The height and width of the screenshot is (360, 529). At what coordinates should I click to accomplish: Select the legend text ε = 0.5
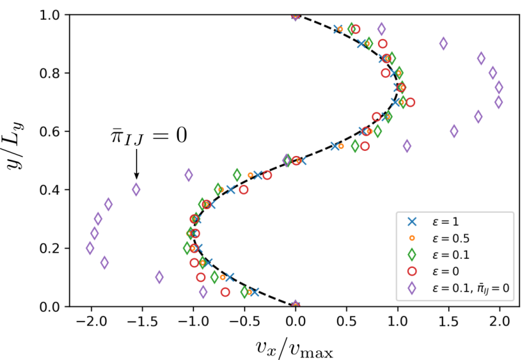coord(451,239)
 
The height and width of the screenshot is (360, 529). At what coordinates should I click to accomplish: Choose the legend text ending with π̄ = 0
coord(470,288)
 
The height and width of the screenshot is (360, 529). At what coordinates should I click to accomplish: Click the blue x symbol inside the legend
coord(412,222)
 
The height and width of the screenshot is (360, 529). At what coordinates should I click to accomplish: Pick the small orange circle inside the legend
coord(412,238)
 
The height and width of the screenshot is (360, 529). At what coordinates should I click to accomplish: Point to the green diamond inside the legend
coord(412,255)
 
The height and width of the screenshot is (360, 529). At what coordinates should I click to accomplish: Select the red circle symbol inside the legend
coord(412,271)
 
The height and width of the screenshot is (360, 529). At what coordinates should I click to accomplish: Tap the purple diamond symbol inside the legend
coord(412,288)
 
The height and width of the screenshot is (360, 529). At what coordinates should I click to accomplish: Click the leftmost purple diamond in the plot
coord(90,248)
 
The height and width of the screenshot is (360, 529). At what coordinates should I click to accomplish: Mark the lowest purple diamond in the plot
coord(203,292)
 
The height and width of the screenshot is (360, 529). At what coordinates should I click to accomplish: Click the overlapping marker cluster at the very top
coord(295,18)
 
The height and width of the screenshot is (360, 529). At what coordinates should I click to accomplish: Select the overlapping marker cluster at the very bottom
coord(295,303)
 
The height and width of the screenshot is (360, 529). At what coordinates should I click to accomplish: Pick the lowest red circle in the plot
coord(225,292)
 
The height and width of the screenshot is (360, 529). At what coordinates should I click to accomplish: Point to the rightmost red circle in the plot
coord(410,102)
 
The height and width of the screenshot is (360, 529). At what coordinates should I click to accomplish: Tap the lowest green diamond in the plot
coord(245,292)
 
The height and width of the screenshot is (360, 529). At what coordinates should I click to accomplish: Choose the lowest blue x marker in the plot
coord(254,292)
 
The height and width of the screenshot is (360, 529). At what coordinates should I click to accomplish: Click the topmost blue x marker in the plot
coord(337,29)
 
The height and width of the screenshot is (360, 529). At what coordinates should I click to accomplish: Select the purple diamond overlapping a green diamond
coord(287,160)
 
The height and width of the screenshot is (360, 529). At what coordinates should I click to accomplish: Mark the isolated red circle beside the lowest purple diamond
coord(225,292)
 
